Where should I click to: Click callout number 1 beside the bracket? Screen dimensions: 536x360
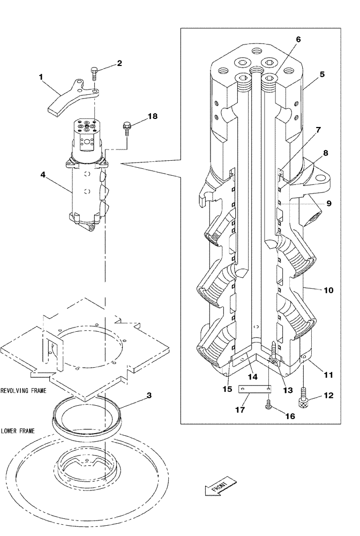tap(41, 77)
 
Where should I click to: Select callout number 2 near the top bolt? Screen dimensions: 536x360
tap(119, 63)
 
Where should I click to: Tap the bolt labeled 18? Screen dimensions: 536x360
tap(127, 128)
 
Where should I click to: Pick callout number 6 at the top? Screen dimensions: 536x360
tap(298, 40)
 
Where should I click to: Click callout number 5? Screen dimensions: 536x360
tap(322, 75)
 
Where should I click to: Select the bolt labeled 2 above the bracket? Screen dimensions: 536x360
tap(95, 73)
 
